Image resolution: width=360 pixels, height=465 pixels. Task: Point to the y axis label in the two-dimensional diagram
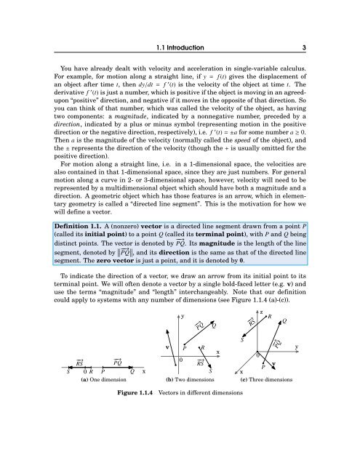click(x=182, y=318)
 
